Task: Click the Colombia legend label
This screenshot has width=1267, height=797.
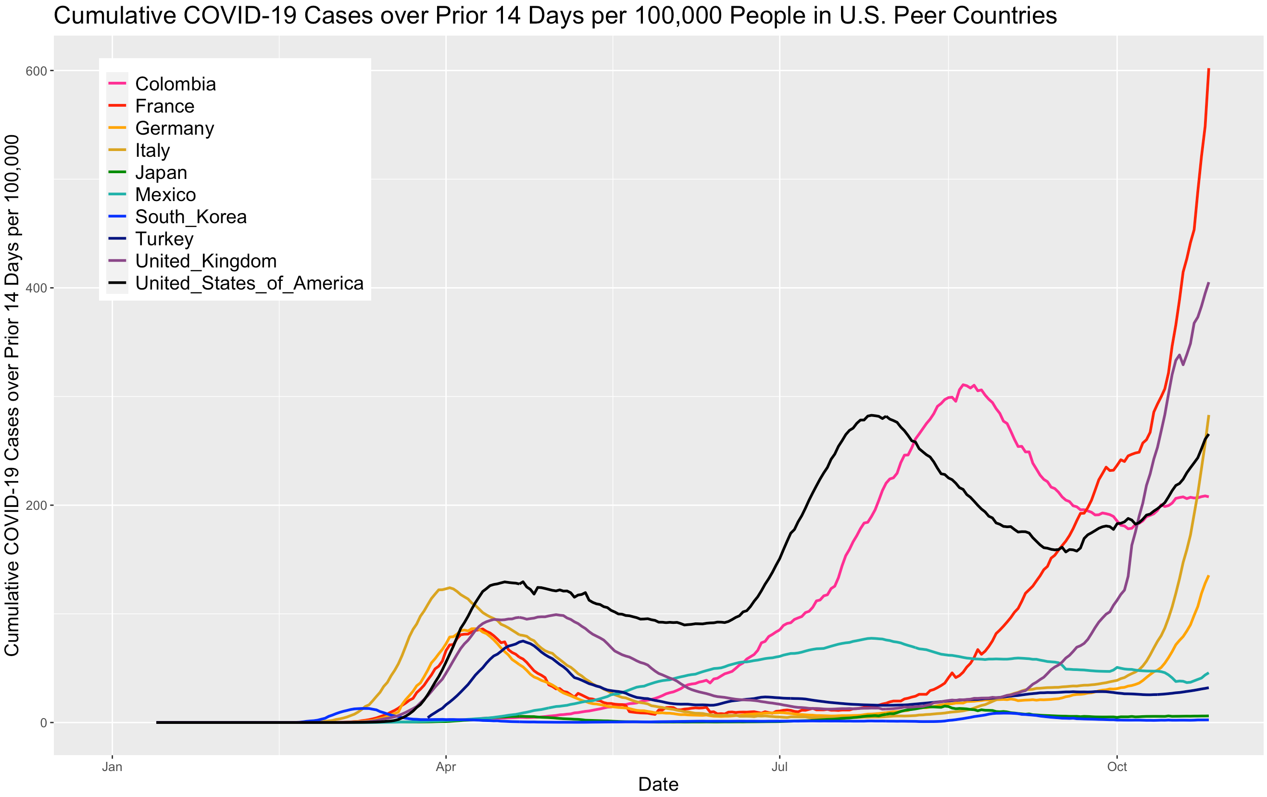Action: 175,84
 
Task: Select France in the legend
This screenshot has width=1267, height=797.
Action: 165,106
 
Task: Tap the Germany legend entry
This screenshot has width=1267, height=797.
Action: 175,128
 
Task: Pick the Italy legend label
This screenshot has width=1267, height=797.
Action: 152,151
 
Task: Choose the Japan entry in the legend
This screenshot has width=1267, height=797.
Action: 161,173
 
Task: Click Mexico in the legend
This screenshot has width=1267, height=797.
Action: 165,195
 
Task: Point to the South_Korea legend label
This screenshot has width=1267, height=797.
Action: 190,217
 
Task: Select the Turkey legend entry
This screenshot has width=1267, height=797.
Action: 164,239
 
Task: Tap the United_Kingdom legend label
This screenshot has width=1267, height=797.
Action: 206,261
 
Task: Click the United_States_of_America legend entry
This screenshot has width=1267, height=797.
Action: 250,283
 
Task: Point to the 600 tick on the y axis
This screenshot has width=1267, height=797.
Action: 37,71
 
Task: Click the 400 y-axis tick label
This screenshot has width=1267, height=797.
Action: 37,288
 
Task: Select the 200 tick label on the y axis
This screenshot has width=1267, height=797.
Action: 37,506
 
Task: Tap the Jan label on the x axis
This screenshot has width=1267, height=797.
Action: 112,767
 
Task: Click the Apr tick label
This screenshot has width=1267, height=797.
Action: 446,767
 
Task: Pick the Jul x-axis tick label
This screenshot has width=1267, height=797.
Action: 779,767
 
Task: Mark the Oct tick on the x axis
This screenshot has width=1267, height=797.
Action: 1116,767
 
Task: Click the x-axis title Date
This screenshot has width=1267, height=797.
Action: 658,784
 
